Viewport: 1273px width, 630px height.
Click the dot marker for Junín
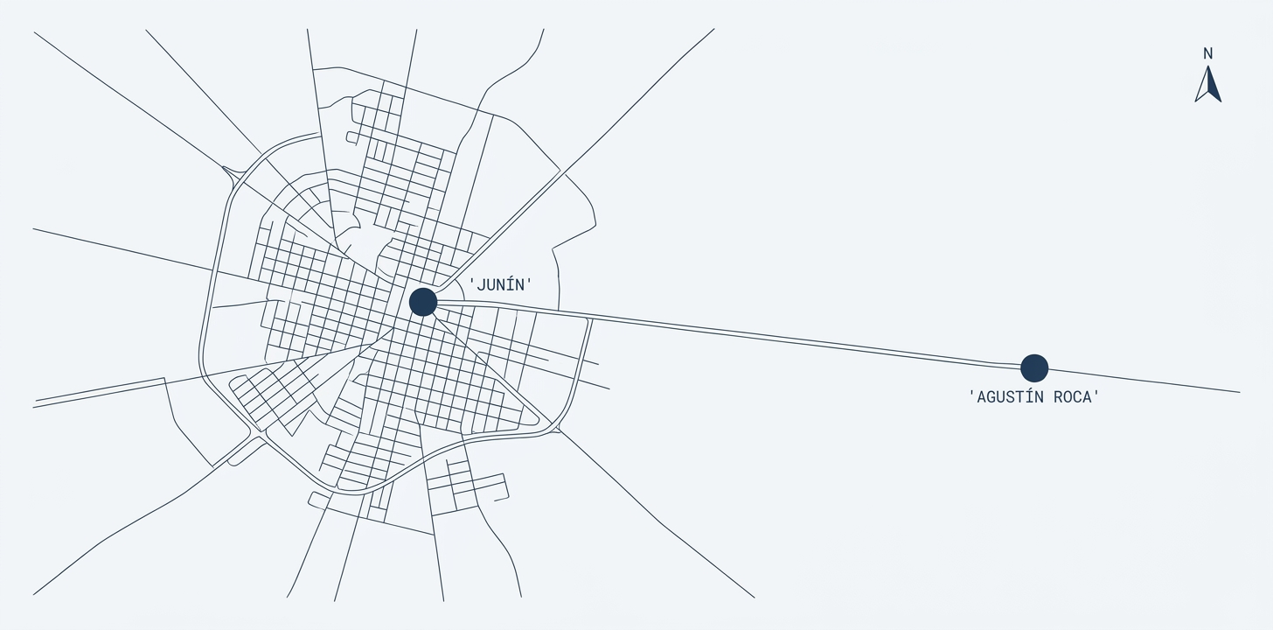pos(423,302)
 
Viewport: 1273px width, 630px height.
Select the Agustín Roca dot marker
pos(1034,367)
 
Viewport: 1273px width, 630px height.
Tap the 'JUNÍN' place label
pos(501,284)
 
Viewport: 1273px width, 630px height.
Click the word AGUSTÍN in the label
pos(1011,397)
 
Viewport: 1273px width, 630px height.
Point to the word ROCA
pos(1073,397)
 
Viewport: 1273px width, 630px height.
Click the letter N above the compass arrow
pos(1207,53)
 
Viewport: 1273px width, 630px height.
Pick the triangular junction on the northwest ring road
pos(232,174)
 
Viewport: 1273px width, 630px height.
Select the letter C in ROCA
pos(1078,397)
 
